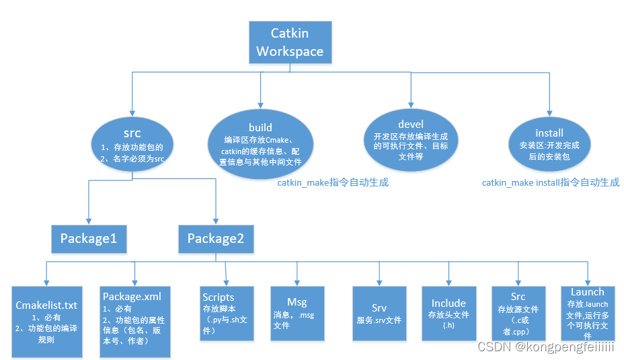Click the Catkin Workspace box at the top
pos(290,42)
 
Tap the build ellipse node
pos(260,144)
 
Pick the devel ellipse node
pos(410,139)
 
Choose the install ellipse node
pos(549,145)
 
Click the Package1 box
pos(89,238)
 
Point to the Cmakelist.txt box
pos(46,321)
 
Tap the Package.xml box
pos(135,321)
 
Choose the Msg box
pos(297,313)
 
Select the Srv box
pos(379,313)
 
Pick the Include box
pos(448,313)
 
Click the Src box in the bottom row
pos(518,313)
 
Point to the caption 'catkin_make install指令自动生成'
pos(550,182)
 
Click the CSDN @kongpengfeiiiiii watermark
pos(545,347)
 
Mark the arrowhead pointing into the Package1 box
pos(89,222)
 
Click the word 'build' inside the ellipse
pos(260,127)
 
